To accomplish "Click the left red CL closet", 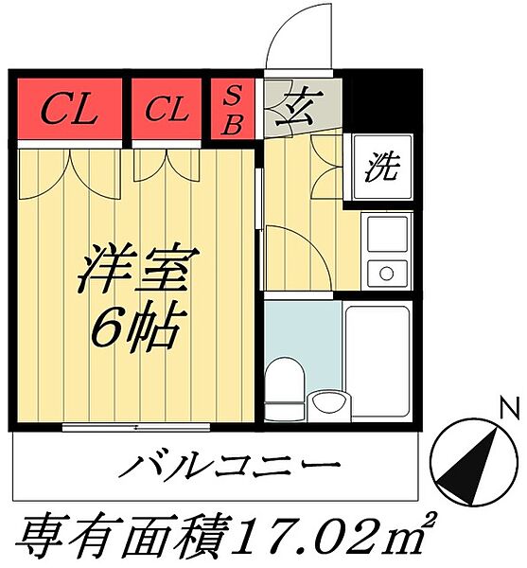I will tap(70, 111).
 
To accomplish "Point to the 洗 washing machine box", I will tap(381, 169).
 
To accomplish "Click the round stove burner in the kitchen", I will tap(385, 275).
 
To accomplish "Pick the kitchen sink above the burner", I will tap(385, 234).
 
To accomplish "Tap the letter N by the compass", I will tap(509, 410).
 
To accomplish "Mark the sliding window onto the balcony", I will tap(135, 427).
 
